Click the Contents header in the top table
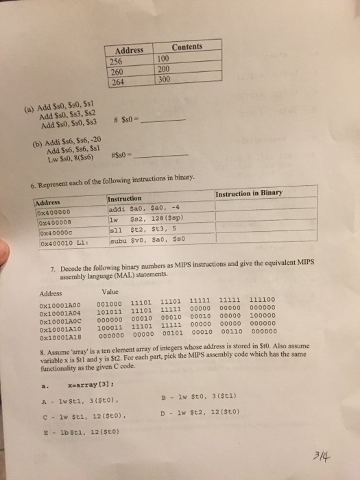pos(187,47)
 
